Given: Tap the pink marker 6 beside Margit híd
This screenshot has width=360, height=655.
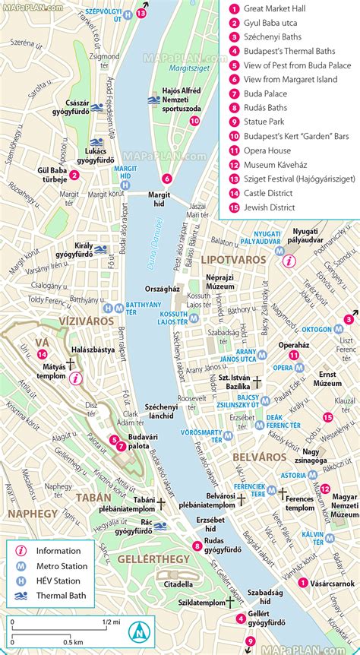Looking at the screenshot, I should tap(166, 179).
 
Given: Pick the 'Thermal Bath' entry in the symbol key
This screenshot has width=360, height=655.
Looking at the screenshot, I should tap(65, 594).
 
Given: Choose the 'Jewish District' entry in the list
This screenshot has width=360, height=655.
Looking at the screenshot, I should tap(271, 204).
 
